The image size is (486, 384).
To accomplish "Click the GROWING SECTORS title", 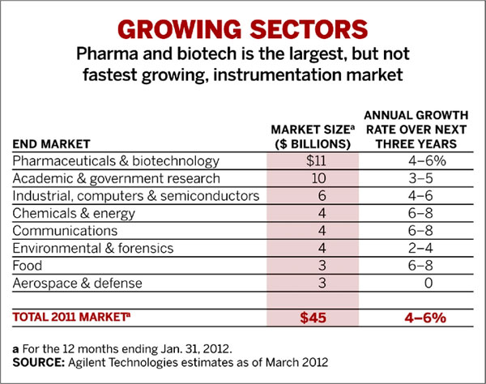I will coord(243,27).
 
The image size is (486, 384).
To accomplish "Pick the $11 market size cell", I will coord(312,161).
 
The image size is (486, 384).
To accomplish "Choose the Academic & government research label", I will coord(105,178).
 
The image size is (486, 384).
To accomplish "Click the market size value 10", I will coord(312,178).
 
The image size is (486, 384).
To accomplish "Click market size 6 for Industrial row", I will coord(312,196).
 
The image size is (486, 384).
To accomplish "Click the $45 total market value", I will coord(312,318).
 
